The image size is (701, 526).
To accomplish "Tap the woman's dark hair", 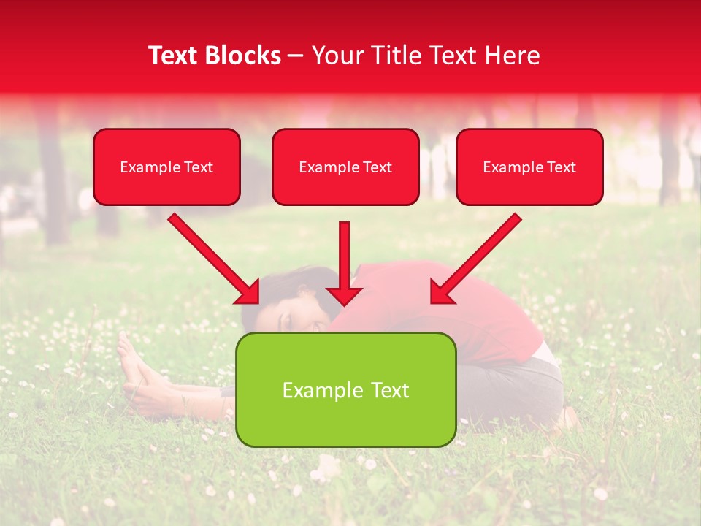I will point(292,281).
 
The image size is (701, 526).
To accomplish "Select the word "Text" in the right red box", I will point(561,167).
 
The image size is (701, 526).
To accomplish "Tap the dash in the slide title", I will point(296,56).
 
